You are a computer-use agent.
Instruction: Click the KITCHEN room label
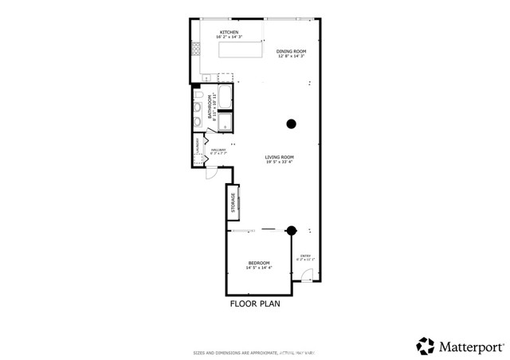[229, 33]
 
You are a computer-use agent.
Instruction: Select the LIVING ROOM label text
[280, 158]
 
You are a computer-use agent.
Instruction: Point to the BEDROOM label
[258, 264]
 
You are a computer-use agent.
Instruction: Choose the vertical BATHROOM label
[210, 108]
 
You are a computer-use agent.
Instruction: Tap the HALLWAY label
[218, 150]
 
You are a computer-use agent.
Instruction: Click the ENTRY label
[305, 256]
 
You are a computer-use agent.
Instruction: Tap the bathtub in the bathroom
[225, 98]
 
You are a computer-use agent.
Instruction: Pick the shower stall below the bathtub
[225, 122]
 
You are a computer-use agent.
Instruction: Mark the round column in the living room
[292, 123]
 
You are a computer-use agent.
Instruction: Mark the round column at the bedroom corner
[292, 230]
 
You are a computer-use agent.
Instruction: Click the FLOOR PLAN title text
[255, 303]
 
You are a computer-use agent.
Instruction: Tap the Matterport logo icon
[426, 346]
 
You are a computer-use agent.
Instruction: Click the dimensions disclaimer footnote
[255, 352]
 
